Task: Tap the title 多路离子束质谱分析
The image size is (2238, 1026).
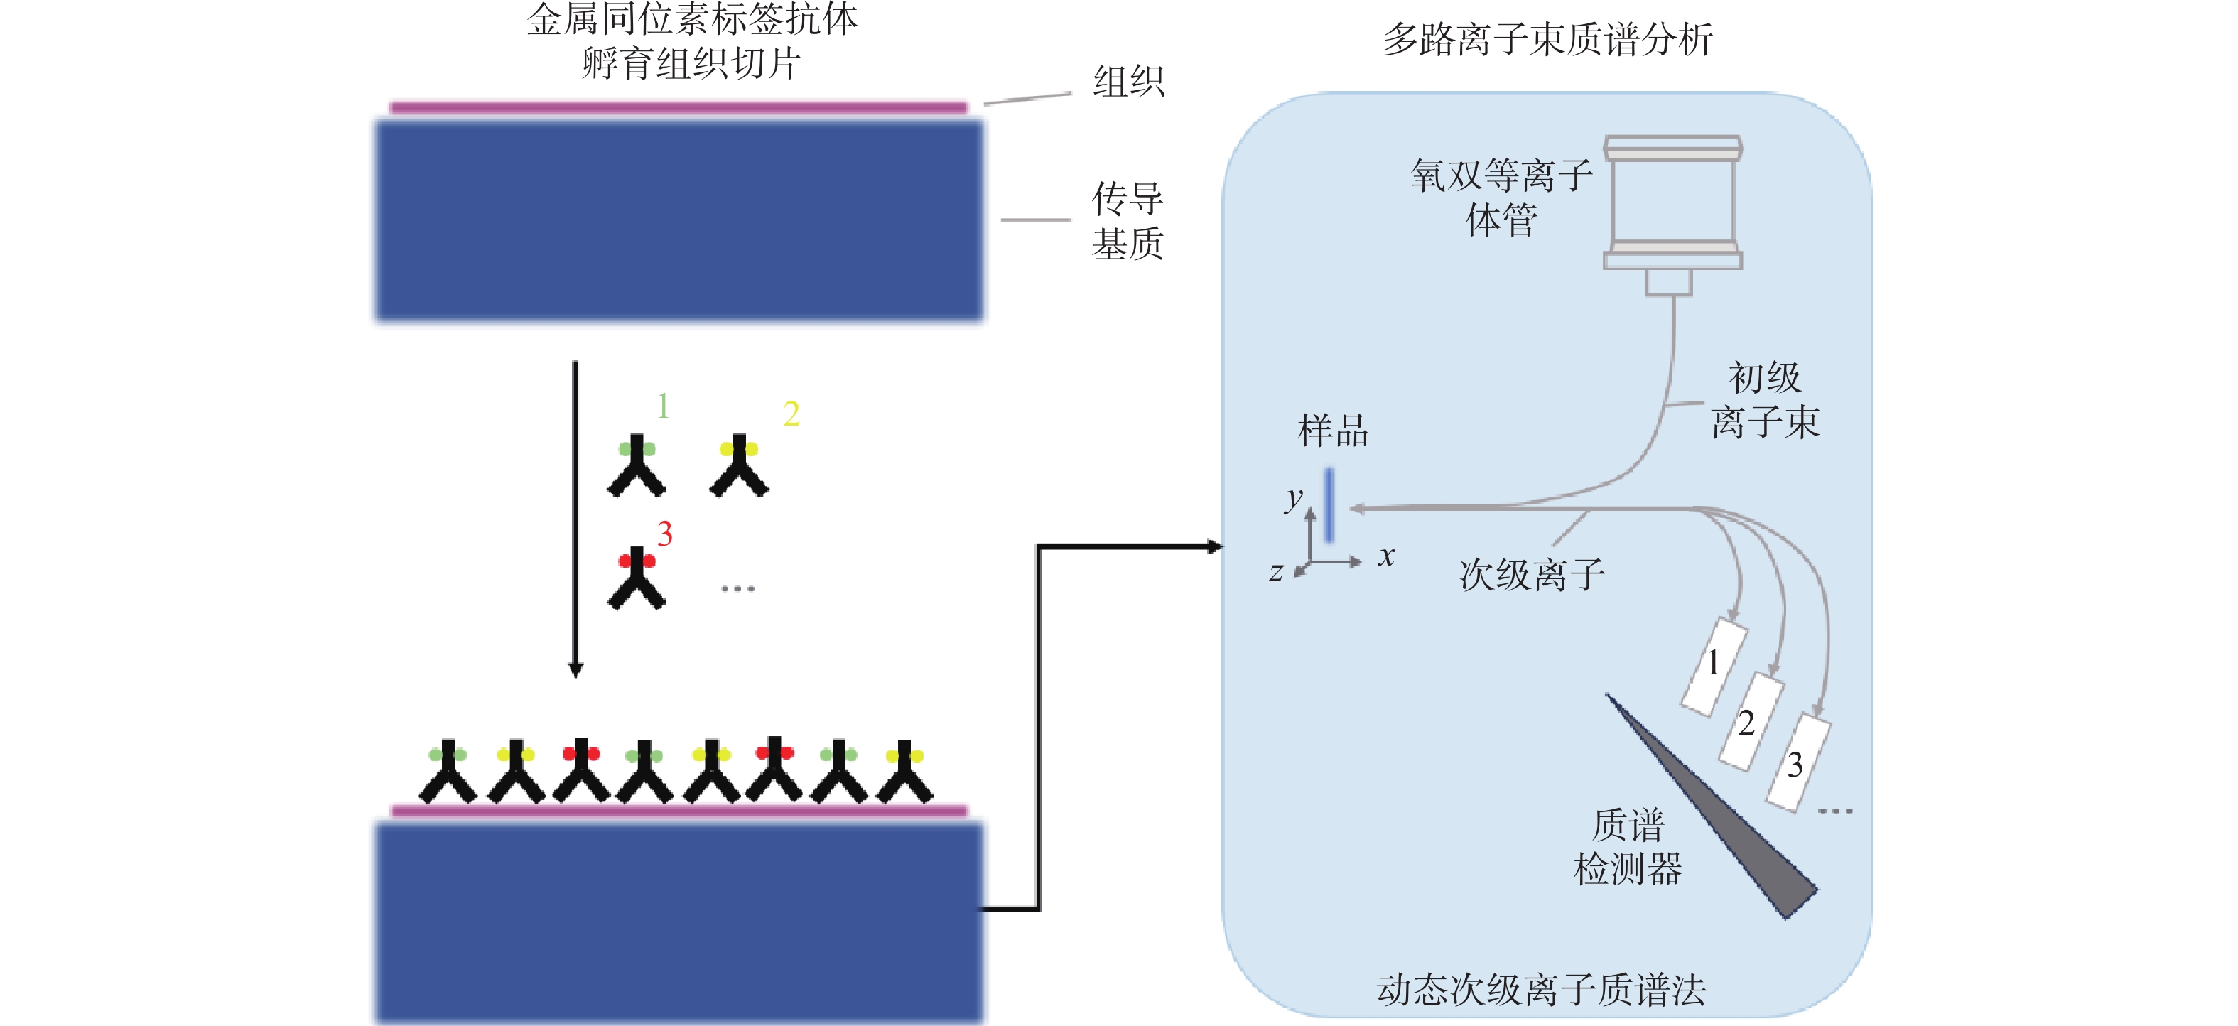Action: pos(1547,40)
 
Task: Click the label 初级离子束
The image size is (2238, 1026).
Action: pos(1765,399)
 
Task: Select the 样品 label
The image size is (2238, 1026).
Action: pos(1333,431)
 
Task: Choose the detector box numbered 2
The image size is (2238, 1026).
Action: pos(1752,721)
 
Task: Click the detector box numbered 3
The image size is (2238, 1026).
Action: pos(1798,763)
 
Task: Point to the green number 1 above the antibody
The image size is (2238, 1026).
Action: pos(663,406)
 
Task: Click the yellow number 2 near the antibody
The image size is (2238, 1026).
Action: pos(791,414)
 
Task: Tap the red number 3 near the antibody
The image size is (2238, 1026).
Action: pos(664,534)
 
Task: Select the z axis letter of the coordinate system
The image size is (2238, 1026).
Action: pos(1275,573)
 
